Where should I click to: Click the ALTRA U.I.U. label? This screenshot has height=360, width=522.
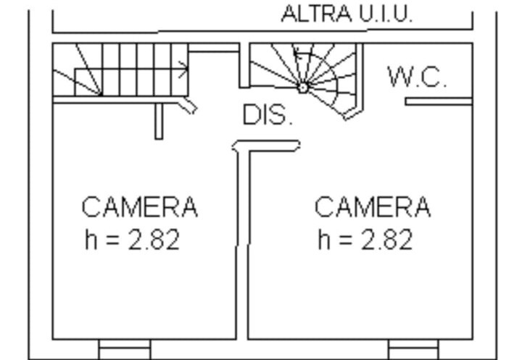(347, 14)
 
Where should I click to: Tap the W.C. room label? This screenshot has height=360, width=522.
(417, 77)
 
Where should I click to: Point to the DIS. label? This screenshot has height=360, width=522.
(268, 114)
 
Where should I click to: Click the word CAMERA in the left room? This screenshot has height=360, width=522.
(140, 206)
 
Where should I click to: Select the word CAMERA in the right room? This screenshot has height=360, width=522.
(373, 206)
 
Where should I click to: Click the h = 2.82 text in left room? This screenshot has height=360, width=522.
(133, 239)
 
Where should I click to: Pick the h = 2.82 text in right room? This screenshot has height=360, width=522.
(365, 239)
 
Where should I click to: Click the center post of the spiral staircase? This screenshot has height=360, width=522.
(303, 88)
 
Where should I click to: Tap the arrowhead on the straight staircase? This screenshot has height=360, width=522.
(183, 70)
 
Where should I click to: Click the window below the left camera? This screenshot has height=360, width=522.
(125, 349)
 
